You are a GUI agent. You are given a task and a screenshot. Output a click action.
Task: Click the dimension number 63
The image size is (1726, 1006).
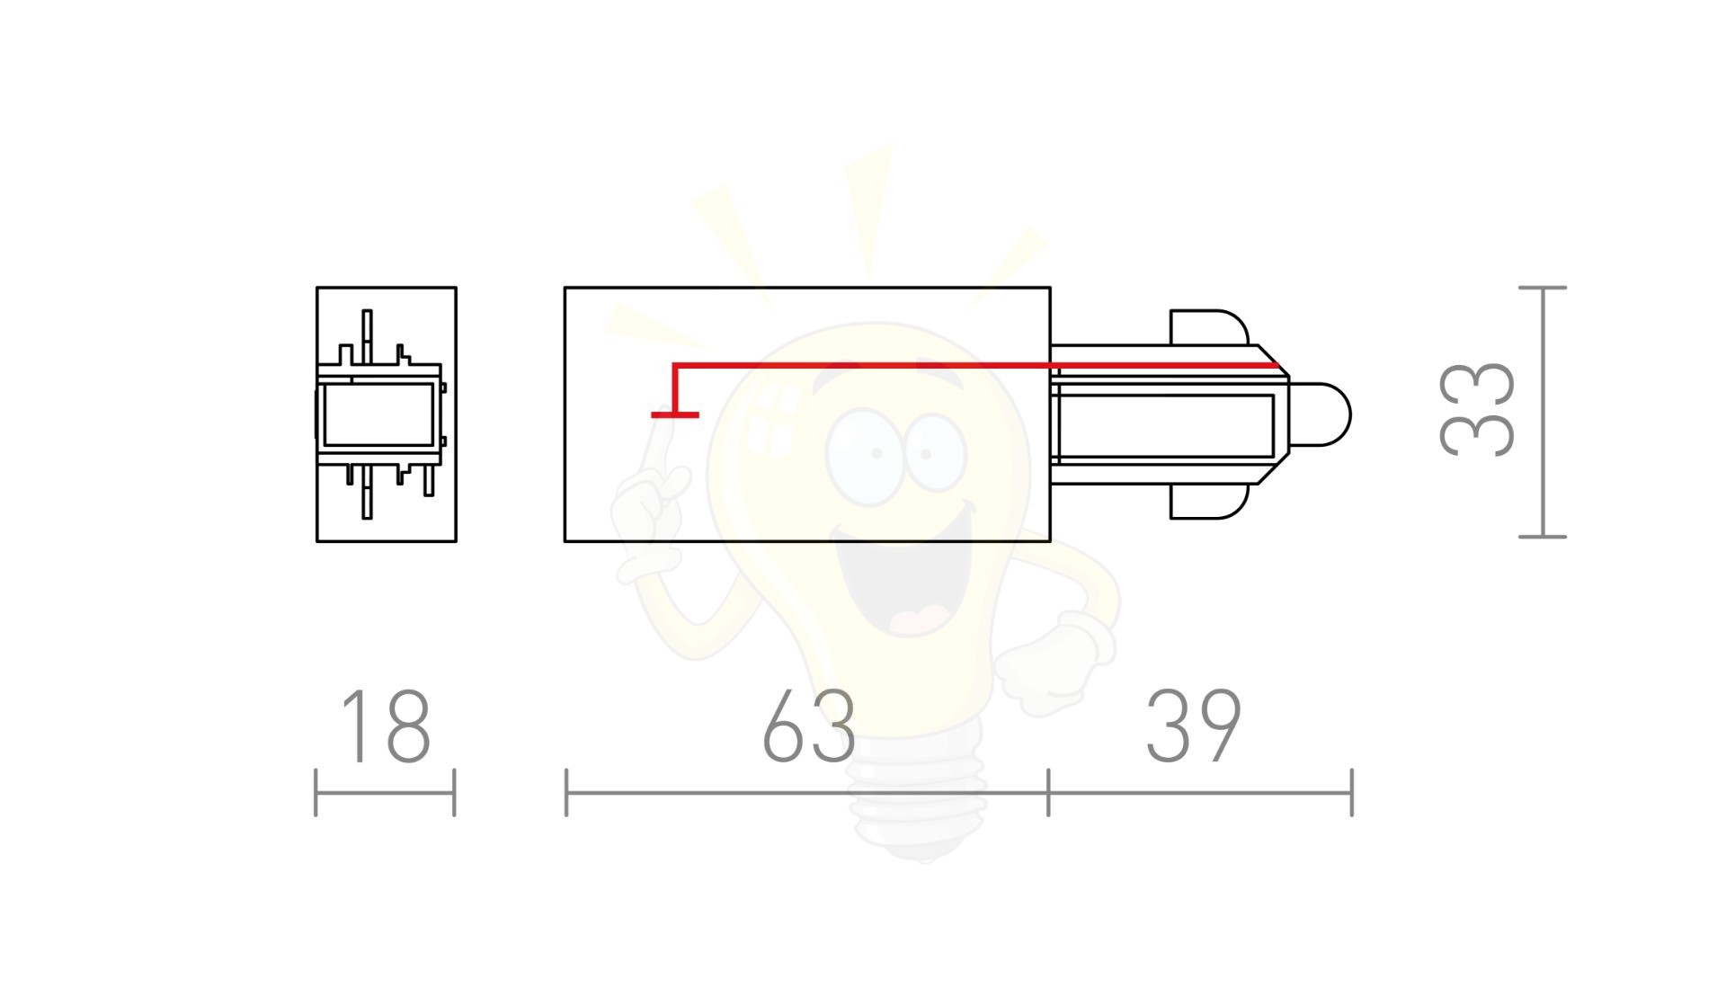tap(808, 726)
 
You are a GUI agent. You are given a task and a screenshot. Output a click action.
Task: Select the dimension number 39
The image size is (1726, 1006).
tap(1194, 726)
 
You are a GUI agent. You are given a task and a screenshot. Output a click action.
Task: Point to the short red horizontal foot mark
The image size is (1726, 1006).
tap(675, 414)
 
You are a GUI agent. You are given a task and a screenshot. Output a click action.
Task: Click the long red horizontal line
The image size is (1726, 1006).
tap(976, 366)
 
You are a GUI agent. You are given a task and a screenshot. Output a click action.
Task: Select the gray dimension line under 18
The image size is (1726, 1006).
tap(385, 793)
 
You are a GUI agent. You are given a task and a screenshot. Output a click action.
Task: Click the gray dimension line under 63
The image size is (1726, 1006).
tap(807, 793)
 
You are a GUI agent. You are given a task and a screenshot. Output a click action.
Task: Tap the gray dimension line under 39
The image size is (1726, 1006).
tap(1201, 793)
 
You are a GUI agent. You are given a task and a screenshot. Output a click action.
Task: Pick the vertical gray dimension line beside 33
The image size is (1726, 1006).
tap(1543, 412)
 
